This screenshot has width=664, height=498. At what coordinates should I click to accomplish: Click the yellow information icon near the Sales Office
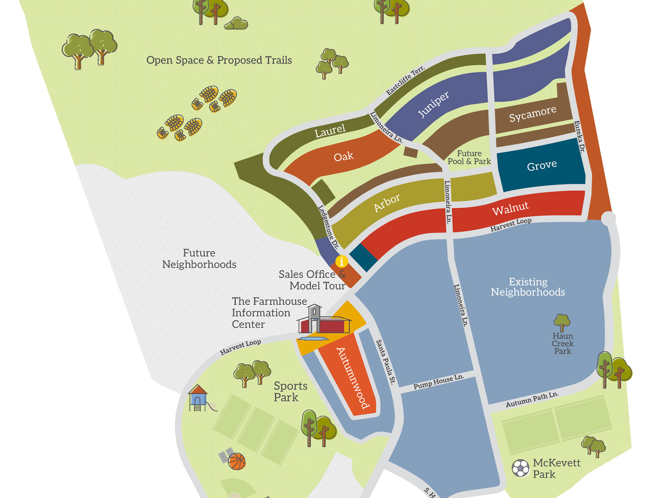(x=341, y=261)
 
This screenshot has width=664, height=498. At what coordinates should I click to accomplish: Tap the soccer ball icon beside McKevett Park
(x=520, y=468)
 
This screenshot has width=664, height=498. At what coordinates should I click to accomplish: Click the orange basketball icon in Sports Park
(x=237, y=461)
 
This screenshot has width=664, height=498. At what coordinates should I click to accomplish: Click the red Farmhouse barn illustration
(x=324, y=323)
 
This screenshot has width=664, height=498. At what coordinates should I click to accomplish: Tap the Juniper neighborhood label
(x=434, y=104)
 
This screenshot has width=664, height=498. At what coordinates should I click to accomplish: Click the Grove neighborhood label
(x=542, y=166)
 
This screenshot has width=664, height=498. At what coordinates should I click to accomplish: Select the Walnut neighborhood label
(x=510, y=209)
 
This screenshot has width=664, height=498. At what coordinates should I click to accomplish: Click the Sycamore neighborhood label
(x=533, y=114)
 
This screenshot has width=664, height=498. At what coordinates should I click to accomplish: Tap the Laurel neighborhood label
(x=330, y=131)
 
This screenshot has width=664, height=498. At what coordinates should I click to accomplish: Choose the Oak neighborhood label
(x=343, y=157)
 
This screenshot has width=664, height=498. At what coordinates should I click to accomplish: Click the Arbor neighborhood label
(x=387, y=203)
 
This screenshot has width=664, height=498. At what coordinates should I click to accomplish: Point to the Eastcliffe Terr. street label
(x=405, y=80)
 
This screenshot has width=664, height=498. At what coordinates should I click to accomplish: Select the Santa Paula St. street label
(x=385, y=362)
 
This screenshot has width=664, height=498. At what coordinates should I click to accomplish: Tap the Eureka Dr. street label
(x=579, y=137)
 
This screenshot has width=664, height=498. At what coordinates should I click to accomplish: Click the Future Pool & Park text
(x=469, y=157)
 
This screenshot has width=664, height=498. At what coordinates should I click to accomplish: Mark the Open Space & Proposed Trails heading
(x=219, y=60)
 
